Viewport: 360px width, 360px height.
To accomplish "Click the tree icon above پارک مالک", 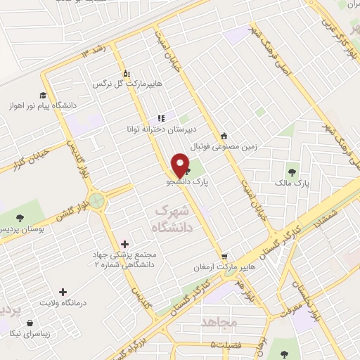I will pyautogui.click(x=292, y=172).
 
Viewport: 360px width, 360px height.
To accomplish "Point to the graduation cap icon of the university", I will pyautogui.click(x=43, y=95).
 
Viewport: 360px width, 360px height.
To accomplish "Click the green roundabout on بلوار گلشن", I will pyautogui.click(x=96, y=202).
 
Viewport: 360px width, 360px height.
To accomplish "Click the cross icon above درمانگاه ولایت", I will pyautogui.click(x=63, y=291).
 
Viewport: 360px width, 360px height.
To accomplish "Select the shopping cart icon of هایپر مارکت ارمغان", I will pyautogui.click(x=224, y=257).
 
